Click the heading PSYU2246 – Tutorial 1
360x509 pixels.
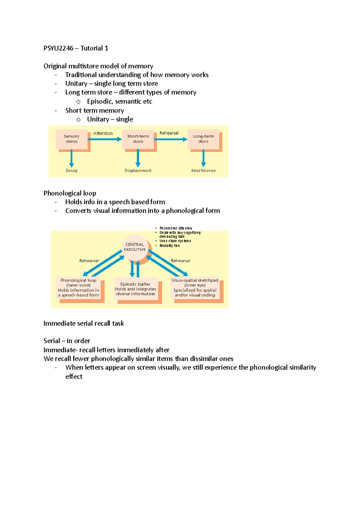(x=76, y=48)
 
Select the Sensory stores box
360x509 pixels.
(x=71, y=139)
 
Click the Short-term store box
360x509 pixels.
(x=138, y=139)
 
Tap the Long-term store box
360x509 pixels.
(x=203, y=139)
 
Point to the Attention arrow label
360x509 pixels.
(x=103, y=133)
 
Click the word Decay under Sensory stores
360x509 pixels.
(x=72, y=171)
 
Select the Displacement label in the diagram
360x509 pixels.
(x=138, y=171)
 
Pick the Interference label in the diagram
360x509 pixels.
(x=203, y=171)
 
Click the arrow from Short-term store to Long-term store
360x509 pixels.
(x=170, y=139)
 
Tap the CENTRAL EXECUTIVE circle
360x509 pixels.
(x=135, y=247)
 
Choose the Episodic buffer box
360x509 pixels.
(x=135, y=289)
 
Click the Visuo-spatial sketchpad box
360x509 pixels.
(x=195, y=288)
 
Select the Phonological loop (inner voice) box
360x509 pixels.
(x=79, y=288)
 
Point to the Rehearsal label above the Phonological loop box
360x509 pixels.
(x=89, y=261)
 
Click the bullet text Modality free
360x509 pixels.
(x=169, y=246)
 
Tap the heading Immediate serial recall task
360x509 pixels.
(x=83, y=323)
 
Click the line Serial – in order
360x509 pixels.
(x=67, y=341)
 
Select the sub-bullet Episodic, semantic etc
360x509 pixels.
(x=119, y=102)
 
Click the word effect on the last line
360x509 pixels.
(x=74, y=377)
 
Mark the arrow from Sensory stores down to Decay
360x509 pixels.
(x=71, y=158)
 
